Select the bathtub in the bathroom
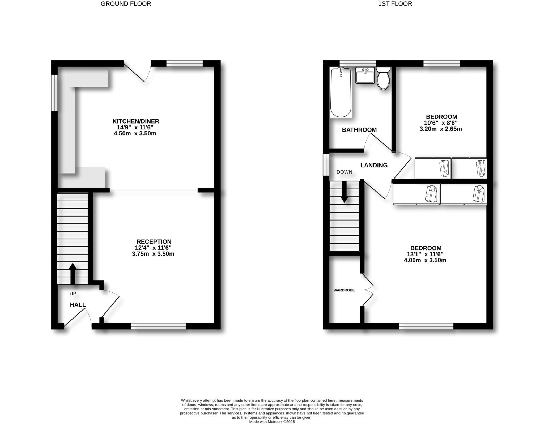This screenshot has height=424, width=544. [341, 92]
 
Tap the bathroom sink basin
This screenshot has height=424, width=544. [365, 75]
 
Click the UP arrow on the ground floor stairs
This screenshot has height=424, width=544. [73, 274]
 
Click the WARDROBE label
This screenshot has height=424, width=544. [344, 290]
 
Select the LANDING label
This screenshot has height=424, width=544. [374, 165]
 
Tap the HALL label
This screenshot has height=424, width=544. [78, 305]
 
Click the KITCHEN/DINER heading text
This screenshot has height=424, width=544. [136, 121]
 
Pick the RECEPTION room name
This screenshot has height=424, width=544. [154, 242]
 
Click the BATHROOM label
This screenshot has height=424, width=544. [359, 130]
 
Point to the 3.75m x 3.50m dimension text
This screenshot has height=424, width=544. [153, 254]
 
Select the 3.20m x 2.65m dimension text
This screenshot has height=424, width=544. [440, 129]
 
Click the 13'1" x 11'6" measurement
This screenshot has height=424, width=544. [425, 254]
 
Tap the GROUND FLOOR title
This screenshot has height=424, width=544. [126, 4]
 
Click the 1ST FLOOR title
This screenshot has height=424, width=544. [395, 4]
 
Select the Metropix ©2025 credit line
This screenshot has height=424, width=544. [272, 422]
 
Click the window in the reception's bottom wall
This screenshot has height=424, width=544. [159, 326]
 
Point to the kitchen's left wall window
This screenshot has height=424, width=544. [54, 92]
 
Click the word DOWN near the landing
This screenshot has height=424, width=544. [344, 172]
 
